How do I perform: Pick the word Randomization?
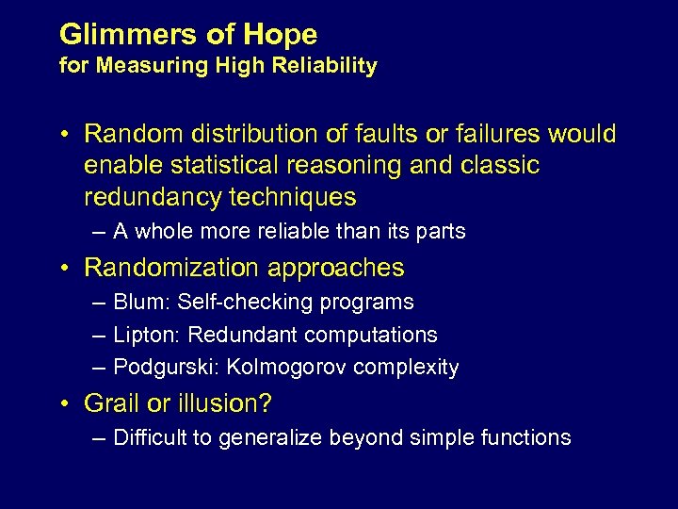(x=172, y=268)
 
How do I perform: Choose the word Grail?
(x=112, y=403)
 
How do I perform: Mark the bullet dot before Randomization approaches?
(x=64, y=269)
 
